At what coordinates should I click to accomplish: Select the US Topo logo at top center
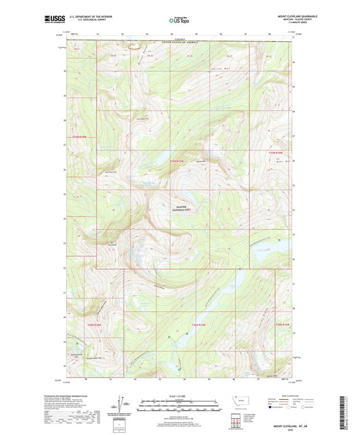[x=180, y=21]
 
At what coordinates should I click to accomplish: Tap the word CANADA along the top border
[x=178, y=41]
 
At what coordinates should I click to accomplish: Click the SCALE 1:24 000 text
[x=180, y=395]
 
